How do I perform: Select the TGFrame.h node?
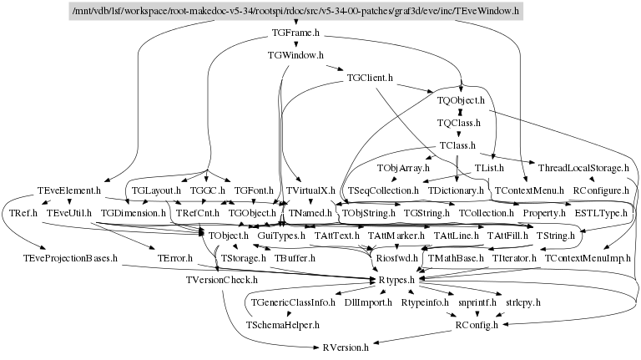[x=296, y=34]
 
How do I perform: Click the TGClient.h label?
[x=370, y=78]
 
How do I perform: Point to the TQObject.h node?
[x=461, y=100]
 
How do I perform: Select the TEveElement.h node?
[x=69, y=190]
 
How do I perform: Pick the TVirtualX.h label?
[x=310, y=190]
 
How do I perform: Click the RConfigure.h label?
[x=601, y=190]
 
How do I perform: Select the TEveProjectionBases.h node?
[x=69, y=259]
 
